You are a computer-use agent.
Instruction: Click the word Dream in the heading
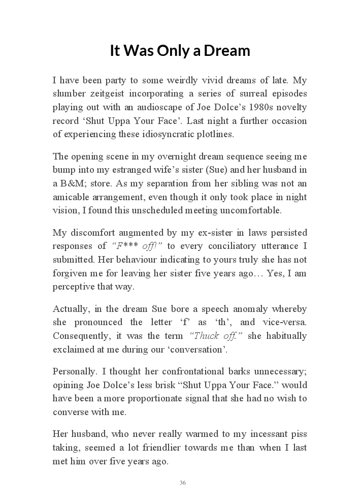(x=227, y=51)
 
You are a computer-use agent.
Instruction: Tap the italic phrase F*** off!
(x=136, y=246)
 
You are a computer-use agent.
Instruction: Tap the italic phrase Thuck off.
(x=216, y=336)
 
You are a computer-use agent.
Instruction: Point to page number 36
(x=183, y=483)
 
